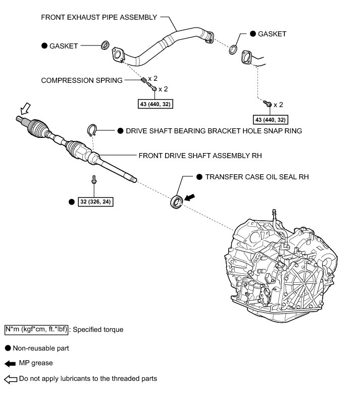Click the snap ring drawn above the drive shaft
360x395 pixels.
94,131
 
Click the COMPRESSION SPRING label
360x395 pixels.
82,80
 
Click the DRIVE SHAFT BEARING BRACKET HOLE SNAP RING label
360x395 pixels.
214,131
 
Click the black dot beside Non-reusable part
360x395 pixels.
8,348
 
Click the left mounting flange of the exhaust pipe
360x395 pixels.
119,55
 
